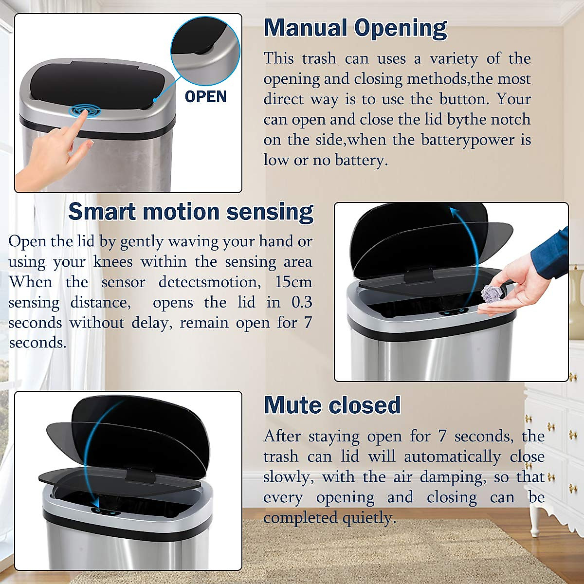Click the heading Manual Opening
(x=355, y=28)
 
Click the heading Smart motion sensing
(x=191, y=212)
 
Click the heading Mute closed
(x=332, y=405)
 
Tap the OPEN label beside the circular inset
(x=205, y=96)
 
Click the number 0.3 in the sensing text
(x=301, y=302)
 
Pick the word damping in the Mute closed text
(x=457, y=477)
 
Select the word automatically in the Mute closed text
(x=452, y=456)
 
